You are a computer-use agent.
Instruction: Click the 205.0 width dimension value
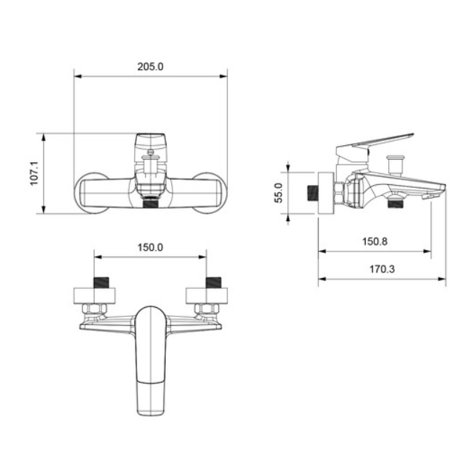coord(150,66)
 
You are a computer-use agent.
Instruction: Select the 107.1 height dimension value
coord(34,173)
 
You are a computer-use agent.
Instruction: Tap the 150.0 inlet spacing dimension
coord(150,248)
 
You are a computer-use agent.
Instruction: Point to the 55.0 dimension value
coord(278,193)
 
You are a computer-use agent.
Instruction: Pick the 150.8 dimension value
coord(375,241)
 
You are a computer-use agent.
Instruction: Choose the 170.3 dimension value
coord(382,269)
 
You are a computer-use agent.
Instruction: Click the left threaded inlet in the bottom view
coord(101,282)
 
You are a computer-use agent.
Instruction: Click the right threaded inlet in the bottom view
coord(214,282)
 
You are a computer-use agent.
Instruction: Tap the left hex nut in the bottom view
coord(95,308)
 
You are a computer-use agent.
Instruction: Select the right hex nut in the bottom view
coord(207,308)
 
